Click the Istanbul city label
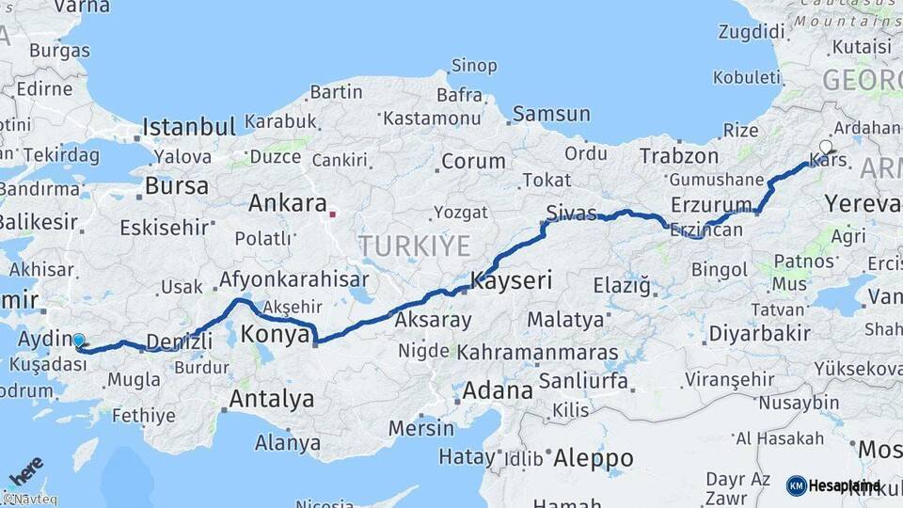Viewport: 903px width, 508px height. pos(189,127)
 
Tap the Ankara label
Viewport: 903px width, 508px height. pos(287,203)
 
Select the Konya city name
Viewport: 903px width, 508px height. pos(276,334)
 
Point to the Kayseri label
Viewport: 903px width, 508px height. pos(511,280)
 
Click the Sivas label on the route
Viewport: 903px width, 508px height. pos(571,213)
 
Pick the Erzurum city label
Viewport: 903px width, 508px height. pos(711,204)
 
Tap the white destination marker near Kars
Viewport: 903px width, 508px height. pos(826,147)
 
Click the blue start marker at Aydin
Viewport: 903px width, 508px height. pos(78,341)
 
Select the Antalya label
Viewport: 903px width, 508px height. pos(271,399)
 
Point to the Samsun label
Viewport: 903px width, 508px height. pos(551,114)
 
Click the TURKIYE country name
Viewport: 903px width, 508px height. pos(414,246)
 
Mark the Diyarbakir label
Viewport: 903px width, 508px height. pos(759,333)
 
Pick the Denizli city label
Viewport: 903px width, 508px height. pos(182,341)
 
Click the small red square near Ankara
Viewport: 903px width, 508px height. pos(332,214)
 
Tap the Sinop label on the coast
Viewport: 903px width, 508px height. pos(473,66)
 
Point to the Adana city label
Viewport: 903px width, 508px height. pos(498,389)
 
